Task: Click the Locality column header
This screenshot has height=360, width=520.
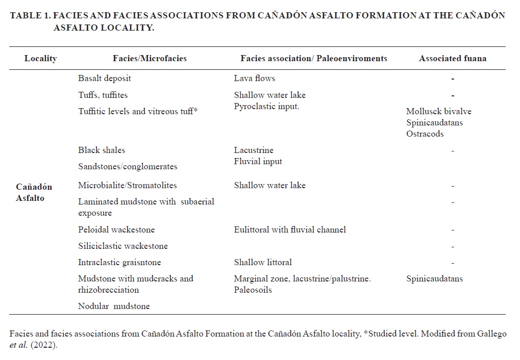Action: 40,58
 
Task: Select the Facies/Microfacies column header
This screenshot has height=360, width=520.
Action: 150,58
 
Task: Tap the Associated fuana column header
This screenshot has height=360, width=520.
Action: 453,58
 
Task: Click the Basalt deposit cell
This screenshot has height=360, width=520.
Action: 105,79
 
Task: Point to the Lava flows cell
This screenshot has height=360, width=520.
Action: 255,79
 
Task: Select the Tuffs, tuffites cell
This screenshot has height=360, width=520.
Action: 103,95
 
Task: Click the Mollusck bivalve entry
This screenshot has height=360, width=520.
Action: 439,112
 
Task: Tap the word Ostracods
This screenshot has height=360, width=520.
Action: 425,134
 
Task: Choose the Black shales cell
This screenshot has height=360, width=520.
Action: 102,150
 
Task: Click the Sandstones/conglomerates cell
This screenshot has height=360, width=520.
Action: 128,166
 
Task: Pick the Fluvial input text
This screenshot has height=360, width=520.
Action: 258,161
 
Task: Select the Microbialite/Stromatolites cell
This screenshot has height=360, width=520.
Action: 128,185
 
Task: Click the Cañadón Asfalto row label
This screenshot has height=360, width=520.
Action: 34,192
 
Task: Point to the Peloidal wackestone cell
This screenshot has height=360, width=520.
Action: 116,229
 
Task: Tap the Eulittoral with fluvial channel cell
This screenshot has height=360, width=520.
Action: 290,229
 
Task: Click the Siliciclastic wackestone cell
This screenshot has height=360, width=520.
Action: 123,246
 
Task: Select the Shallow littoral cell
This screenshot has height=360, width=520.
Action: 263,262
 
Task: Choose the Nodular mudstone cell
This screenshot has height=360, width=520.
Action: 114,306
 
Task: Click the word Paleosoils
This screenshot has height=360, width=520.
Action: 253,290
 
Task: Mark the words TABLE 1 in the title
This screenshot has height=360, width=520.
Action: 29,15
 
